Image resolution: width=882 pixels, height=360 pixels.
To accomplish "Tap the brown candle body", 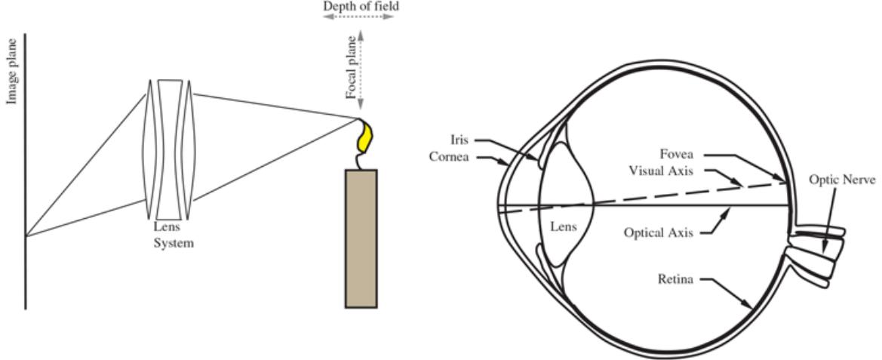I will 361,238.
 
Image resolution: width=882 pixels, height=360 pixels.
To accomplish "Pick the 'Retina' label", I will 678,279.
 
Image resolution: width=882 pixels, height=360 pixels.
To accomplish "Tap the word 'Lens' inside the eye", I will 564,225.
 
